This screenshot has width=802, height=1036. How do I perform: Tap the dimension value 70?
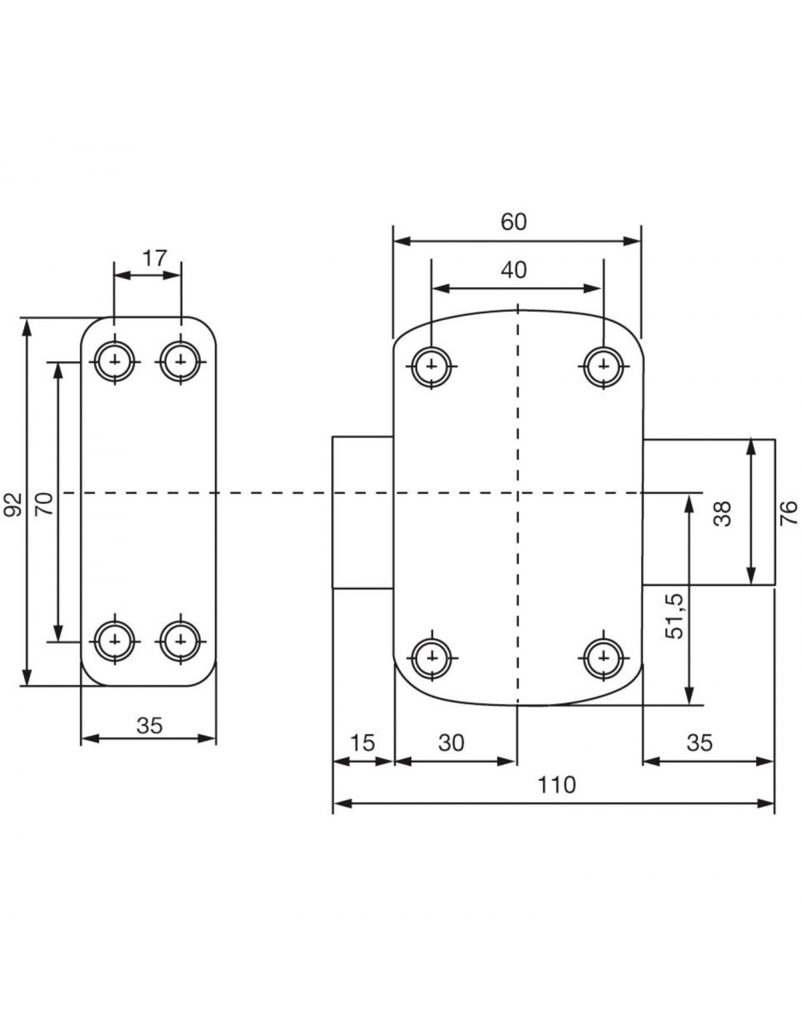click(44, 504)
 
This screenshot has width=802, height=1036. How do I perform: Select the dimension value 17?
click(154, 259)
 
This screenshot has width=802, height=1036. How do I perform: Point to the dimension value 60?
click(514, 222)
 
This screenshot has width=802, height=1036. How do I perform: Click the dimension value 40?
click(514, 270)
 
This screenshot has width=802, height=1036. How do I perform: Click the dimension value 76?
click(789, 513)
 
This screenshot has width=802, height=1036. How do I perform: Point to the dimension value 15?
click(363, 743)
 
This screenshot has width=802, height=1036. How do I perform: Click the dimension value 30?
click(451, 743)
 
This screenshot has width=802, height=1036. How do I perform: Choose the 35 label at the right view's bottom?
click(699, 743)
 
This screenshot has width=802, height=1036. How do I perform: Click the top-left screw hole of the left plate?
click(115, 361)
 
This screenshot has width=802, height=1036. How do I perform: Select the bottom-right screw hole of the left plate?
click(180, 641)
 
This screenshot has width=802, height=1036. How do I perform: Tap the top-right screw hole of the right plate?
click(604, 366)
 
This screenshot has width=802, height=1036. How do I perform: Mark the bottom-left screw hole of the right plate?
click(432, 658)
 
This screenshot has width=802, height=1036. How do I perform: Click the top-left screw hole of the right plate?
click(432, 366)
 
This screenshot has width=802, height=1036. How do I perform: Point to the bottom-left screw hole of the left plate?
click(115, 641)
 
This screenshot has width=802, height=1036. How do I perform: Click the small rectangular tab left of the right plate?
click(362, 512)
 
